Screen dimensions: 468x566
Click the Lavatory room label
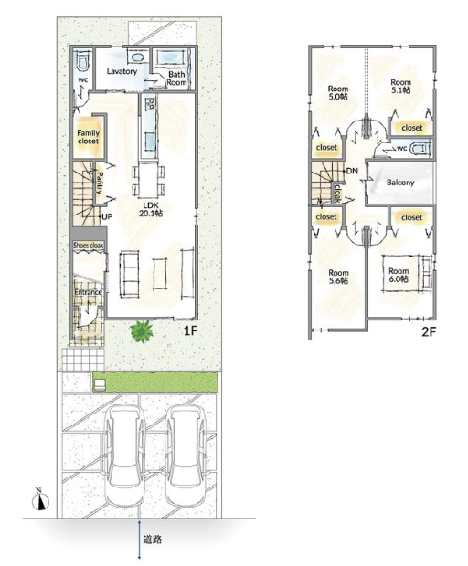click(122, 71)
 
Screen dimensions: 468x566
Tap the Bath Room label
click(176, 79)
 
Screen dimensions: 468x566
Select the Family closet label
click(88, 137)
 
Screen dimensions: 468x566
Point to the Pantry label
click(100, 183)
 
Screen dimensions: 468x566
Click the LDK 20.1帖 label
click(151, 209)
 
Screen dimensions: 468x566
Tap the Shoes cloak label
click(89, 246)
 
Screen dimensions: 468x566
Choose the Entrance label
click(88, 292)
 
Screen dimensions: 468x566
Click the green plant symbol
click(142, 331)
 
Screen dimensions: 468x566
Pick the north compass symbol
click(40, 500)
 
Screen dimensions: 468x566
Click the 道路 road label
click(152, 540)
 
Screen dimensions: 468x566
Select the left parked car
click(124, 456)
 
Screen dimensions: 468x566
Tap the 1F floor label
click(190, 330)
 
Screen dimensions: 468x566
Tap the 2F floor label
click(430, 331)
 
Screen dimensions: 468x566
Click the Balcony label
click(400, 183)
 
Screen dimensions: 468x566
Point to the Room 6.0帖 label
click(399, 275)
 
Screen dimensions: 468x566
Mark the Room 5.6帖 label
click(338, 277)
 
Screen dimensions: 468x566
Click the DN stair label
click(352, 171)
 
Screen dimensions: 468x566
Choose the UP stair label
click(107, 217)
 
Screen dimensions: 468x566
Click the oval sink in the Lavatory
click(136, 57)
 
